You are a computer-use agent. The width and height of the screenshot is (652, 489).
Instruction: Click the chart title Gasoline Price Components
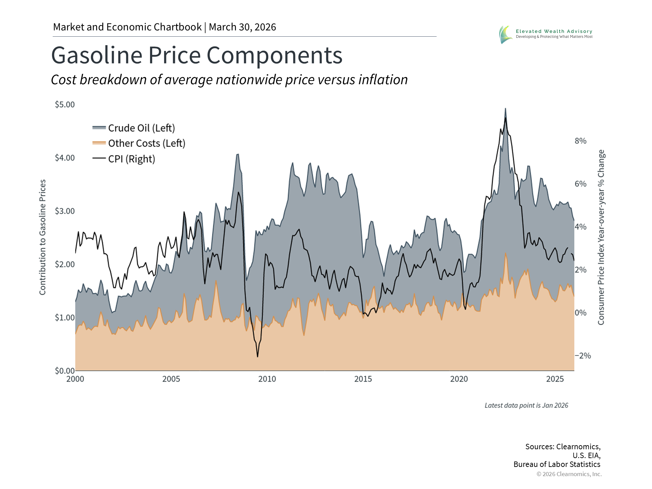[x=197, y=55]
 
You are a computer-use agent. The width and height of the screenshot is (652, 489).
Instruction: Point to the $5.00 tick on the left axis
[x=65, y=105]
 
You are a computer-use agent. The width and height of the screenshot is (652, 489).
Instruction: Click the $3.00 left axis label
[x=65, y=211]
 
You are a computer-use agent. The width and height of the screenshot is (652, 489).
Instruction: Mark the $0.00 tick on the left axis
[x=65, y=370]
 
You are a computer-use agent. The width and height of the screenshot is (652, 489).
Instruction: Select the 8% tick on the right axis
[x=580, y=141]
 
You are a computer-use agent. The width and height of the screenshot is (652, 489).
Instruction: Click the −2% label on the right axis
[x=583, y=356]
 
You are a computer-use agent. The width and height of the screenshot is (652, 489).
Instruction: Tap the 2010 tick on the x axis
[x=267, y=379]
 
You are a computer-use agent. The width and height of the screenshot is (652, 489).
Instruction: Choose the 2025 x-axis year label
[x=555, y=379]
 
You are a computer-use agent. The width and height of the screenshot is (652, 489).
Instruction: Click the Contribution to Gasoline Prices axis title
[x=42, y=237]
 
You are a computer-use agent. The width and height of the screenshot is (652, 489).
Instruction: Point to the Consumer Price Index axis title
[x=601, y=237]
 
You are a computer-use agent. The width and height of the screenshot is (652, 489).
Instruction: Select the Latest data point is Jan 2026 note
[x=526, y=405]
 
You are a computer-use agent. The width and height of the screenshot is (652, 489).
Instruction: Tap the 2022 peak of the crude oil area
[x=505, y=109]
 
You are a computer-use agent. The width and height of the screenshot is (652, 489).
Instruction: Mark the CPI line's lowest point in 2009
[x=257, y=357]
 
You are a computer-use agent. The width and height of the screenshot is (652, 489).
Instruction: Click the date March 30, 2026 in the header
[x=242, y=27]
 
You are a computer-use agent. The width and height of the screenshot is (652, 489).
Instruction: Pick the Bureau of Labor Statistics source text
[x=557, y=464]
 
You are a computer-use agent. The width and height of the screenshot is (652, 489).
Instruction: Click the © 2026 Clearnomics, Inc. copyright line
[x=569, y=474]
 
